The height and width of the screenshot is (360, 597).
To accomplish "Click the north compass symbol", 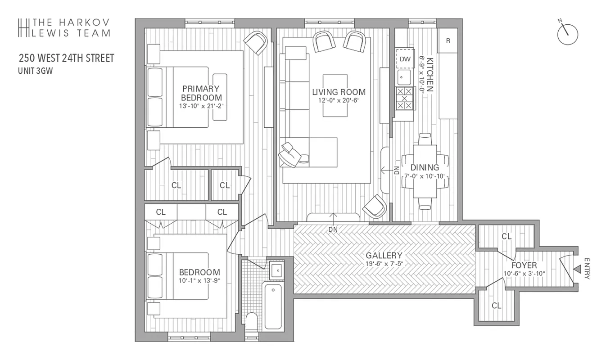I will (567, 34).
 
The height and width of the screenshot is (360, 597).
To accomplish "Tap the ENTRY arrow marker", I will (577, 269).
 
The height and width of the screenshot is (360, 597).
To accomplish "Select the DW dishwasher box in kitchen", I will (405, 58).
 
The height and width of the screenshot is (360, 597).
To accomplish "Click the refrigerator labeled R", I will (448, 41).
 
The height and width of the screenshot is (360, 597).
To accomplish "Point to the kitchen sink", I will (404, 77).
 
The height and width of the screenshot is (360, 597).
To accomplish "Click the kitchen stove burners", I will (404, 98).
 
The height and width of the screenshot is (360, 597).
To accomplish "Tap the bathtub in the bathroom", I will (273, 306).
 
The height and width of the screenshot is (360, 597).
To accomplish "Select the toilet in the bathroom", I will (252, 322).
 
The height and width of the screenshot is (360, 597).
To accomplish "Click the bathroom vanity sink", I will (276, 270).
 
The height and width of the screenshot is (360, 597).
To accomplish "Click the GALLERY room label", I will (384, 255).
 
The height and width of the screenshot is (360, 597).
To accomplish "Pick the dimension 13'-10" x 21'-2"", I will (201, 106).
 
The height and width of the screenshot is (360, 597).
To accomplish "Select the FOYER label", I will (524, 265).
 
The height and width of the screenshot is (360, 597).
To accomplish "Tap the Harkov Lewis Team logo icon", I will (23, 27).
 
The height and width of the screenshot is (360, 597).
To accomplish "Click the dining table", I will (425, 171).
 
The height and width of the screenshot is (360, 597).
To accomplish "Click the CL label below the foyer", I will (496, 306).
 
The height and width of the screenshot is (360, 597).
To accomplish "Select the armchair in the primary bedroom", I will (256, 43).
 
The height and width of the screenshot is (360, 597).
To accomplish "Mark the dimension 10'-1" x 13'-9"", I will (199, 281).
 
